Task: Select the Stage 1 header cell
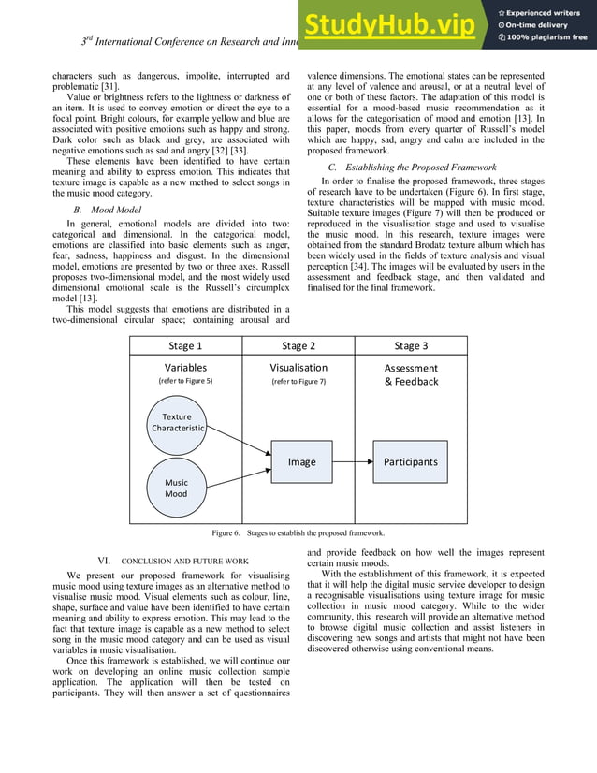point(185,346)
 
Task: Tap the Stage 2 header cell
point(298,346)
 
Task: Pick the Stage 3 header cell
point(411,346)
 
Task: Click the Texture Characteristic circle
point(177,422)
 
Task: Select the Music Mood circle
point(176,488)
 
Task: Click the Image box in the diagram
point(301,461)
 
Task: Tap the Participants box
point(410,461)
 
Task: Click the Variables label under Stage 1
point(185,368)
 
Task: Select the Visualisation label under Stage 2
point(298,368)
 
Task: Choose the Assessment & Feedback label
point(411,374)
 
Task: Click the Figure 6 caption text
point(298,532)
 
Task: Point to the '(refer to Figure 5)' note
point(185,382)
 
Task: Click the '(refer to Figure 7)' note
point(298,382)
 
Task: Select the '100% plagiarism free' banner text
point(547,37)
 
